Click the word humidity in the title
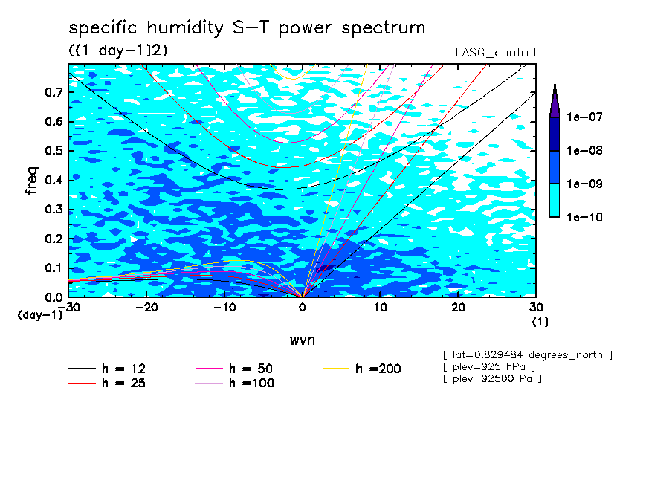click(x=185, y=29)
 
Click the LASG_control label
click(x=495, y=53)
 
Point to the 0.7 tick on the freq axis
click(x=54, y=92)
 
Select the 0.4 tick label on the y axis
click(x=54, y=180)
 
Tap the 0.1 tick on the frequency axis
click(x=54, y=268)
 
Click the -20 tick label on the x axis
click(x=146, y=308)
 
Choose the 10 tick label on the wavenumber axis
click(x=380, y=308)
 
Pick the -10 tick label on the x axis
click(x=224, y=308)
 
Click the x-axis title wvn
click(x=302, y=340)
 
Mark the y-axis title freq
click(x=32, y=181)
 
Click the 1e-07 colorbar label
click(x=584, y=117)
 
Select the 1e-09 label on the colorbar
click(x=584, y=184)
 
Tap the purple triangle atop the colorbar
click(x=555, y=102)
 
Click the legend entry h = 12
click(x=107, y=369)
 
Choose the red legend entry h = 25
click(x=107, y=383)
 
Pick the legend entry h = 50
click(x=234, y=369)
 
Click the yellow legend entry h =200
click(x=361, y=369)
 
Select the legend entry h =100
click(x=234, y=383)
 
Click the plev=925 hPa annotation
click(x=489, y=367)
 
